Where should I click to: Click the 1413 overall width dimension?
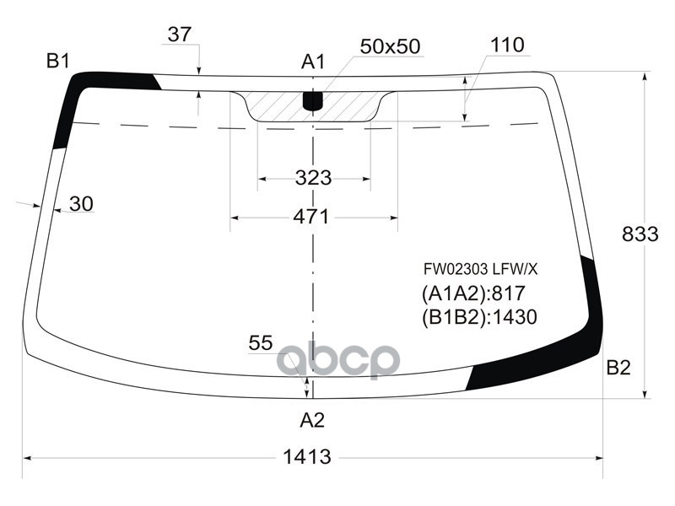[307, 456]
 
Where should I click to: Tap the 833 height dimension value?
[640, 234]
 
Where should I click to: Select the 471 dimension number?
[310, 217]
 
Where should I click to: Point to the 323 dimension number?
[313, 177]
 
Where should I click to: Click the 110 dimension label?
[507, 45]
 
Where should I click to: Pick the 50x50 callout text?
[390, 46]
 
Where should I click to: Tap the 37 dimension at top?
[180, 34]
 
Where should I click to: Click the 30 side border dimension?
[81, 203]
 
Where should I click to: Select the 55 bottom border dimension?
[261, 343]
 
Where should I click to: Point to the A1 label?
[313, 62]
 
